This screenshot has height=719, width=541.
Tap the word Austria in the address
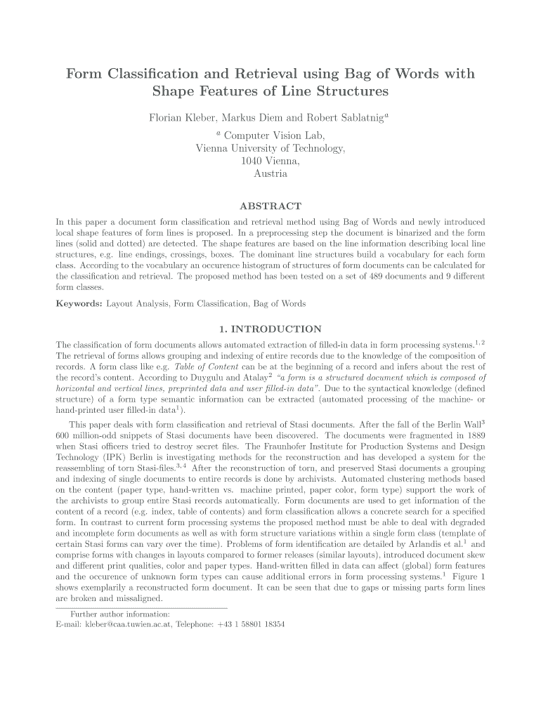[x=270, y=173]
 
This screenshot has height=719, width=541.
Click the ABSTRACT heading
[x=270, y=206]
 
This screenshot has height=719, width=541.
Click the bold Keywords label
[x=79, y=303]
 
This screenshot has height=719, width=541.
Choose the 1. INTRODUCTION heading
[x=270, y=329]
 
